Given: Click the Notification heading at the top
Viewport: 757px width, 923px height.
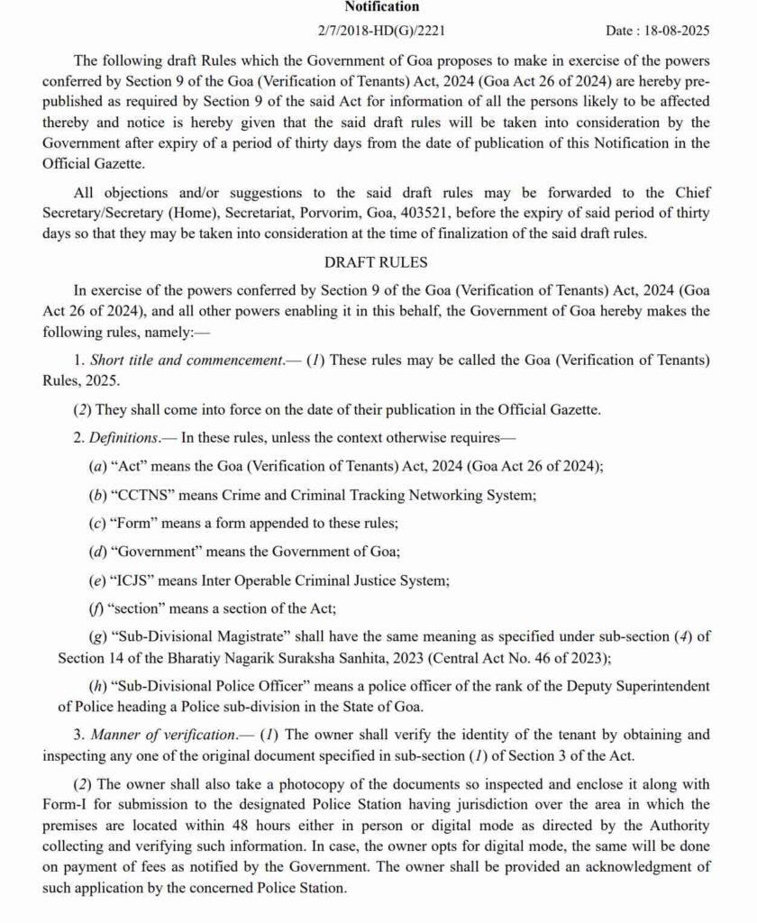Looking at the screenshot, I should tap(381, 7).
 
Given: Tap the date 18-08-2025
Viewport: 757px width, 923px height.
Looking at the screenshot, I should tap(677, 31).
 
